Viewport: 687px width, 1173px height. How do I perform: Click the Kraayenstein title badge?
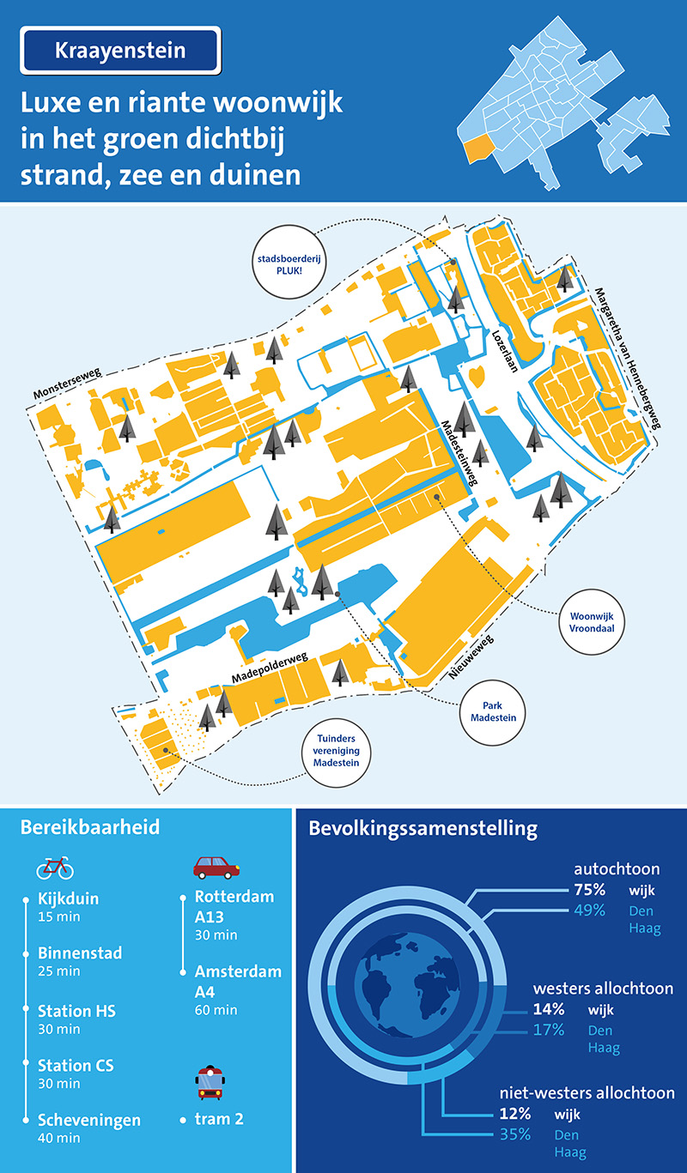(x=120, y=51)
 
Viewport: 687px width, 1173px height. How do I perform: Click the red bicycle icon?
(x=55, y=868)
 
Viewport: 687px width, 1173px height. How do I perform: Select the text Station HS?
(x=76, y=1011)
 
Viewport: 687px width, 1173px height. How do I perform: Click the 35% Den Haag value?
(x=515, y=1136)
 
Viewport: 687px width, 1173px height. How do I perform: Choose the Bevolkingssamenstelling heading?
(x=423, y=829)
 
